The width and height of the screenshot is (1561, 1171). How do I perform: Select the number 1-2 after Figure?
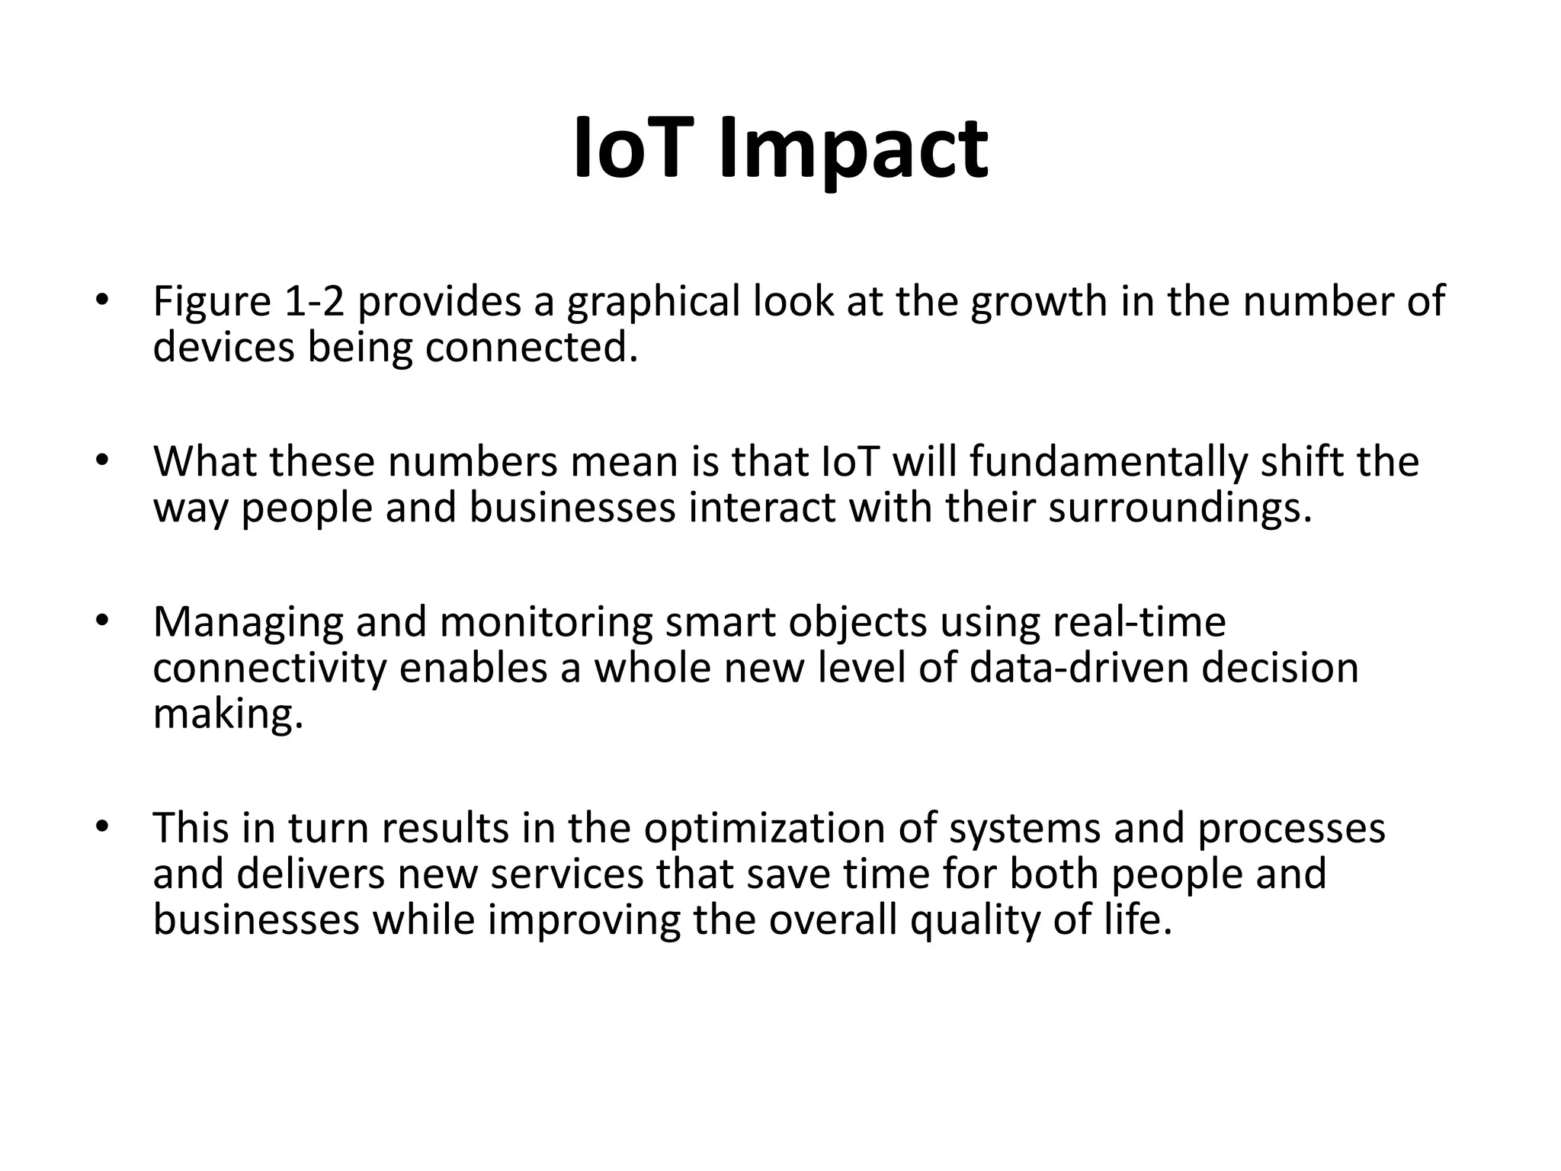pyautogui.click(x=314, y=301)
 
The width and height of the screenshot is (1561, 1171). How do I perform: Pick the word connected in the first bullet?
pyautogui.click(x=530, y=348)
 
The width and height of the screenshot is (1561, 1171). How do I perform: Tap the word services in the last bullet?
pyautogui.click(x=567, y=874)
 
